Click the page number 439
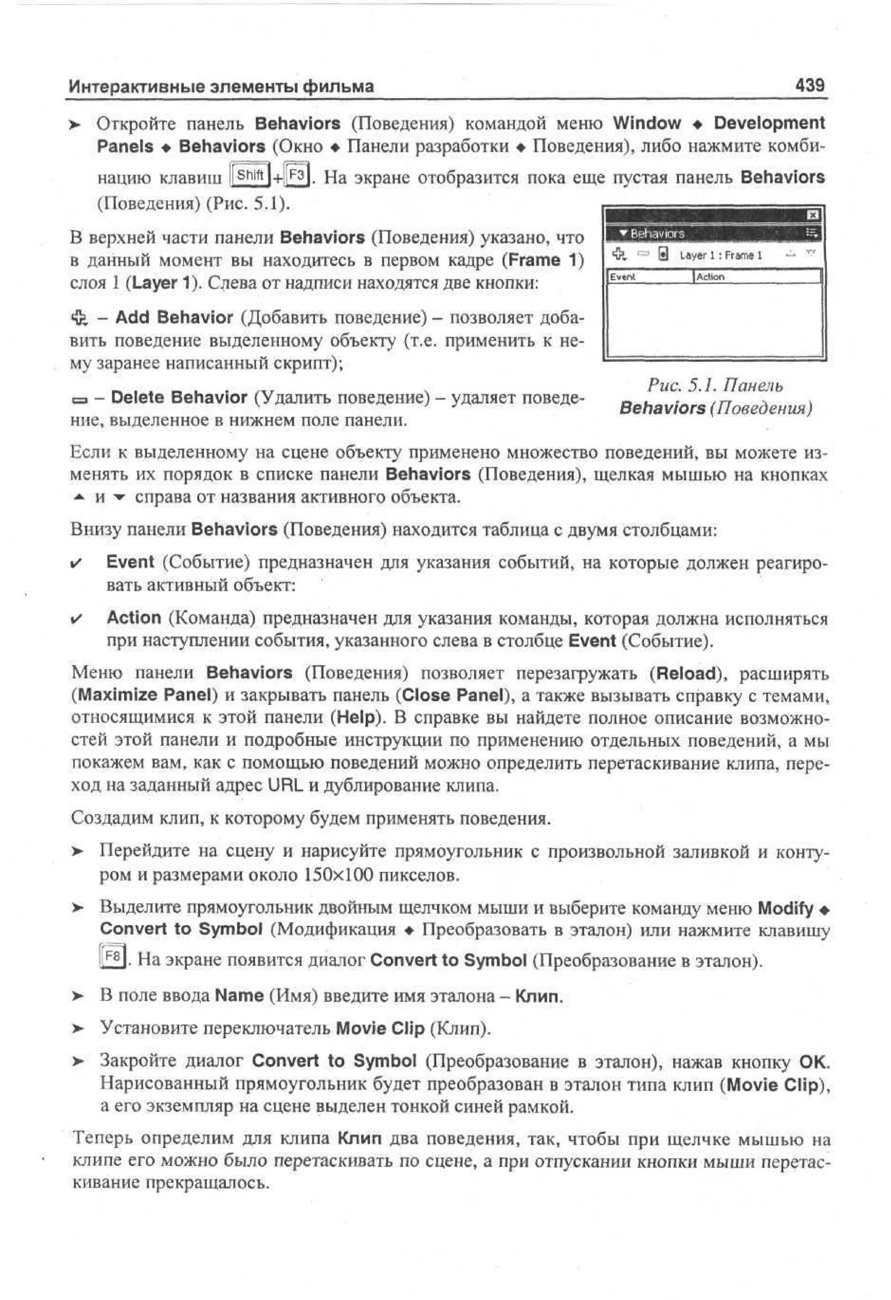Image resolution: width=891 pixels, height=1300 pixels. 809,86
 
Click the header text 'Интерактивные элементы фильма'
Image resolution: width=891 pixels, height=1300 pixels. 221,87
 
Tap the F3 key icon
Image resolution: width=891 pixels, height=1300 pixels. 296,176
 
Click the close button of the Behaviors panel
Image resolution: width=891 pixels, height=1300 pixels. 813,215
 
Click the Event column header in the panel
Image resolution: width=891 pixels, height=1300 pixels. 623,276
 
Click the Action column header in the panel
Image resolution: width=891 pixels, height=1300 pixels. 710,276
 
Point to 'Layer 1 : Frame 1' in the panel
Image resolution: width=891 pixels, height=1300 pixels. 720,255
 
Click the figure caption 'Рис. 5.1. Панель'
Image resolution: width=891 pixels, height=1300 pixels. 715,385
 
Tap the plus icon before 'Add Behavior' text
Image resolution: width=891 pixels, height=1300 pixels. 80,318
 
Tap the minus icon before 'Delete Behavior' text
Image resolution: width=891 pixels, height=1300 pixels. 80,400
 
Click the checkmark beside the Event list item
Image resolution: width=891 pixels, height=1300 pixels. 77,563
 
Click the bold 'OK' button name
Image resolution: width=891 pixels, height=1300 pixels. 813,1061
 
